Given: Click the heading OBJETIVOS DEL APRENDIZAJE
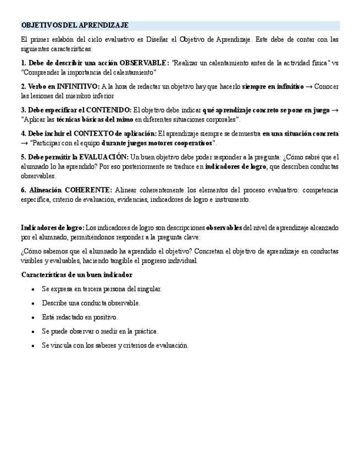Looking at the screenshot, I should tap(75, 25).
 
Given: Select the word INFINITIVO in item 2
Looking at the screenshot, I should tap(78, 86).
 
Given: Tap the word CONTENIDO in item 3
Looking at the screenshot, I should tap(110, 110).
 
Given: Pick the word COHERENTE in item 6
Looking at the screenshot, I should tap(88, 190).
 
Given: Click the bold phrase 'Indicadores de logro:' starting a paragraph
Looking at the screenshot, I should tap(53, 228).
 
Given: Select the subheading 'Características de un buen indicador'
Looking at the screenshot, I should tap(76, 275).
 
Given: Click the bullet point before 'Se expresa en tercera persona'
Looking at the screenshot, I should tap(34, 289).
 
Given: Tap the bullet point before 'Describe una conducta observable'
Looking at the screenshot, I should tap(34, 303).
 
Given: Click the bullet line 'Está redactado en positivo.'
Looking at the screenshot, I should tap(80, 317).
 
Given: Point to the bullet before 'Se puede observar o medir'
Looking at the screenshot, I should tap(34, 332).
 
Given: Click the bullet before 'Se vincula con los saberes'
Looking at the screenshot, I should tap(34, 346).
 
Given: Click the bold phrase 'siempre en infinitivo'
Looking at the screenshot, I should tap(273, 86).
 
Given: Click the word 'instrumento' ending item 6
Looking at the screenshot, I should tap(234, 199).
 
